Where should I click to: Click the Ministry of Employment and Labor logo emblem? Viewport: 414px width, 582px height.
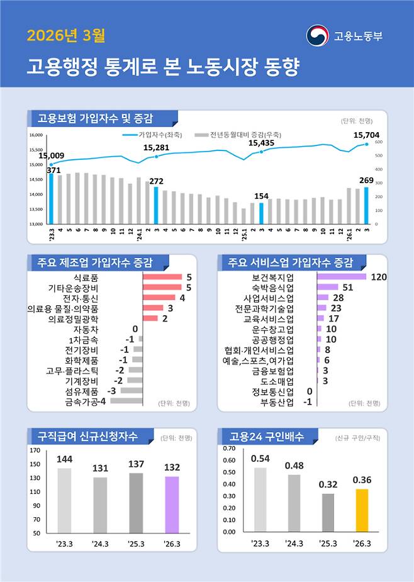point(316,35)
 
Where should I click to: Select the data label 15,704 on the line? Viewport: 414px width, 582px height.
point(366,135)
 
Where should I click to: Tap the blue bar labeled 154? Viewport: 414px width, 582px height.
point(261,213)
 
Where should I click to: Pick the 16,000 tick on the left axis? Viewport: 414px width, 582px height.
point(35,135)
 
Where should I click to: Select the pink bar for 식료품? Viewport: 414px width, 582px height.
point(162,277)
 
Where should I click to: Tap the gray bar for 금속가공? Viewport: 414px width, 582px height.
point(130,400)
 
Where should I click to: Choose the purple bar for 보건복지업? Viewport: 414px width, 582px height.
point(341,277)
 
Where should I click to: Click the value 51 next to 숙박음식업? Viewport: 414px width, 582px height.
point(348,288)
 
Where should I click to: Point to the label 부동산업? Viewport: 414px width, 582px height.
point(277,401)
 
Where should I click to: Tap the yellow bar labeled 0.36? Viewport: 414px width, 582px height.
point(362,510)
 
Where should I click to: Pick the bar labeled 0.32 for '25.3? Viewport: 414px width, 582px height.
point(328,513)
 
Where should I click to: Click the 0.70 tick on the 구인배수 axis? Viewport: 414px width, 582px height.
point(228,449)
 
